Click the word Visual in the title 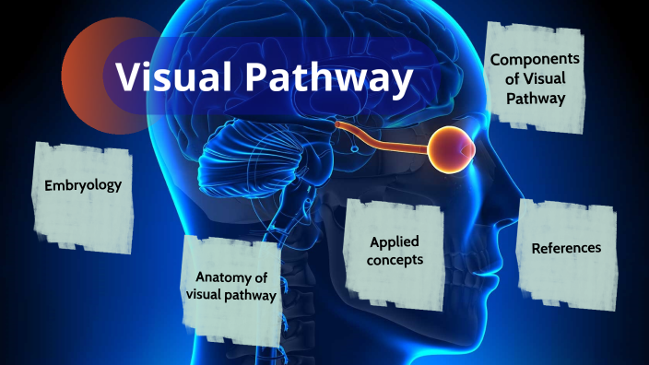pos(176,78)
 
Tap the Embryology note pos(83,186)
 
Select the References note pos(566,248)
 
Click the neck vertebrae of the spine pos(293,267)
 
